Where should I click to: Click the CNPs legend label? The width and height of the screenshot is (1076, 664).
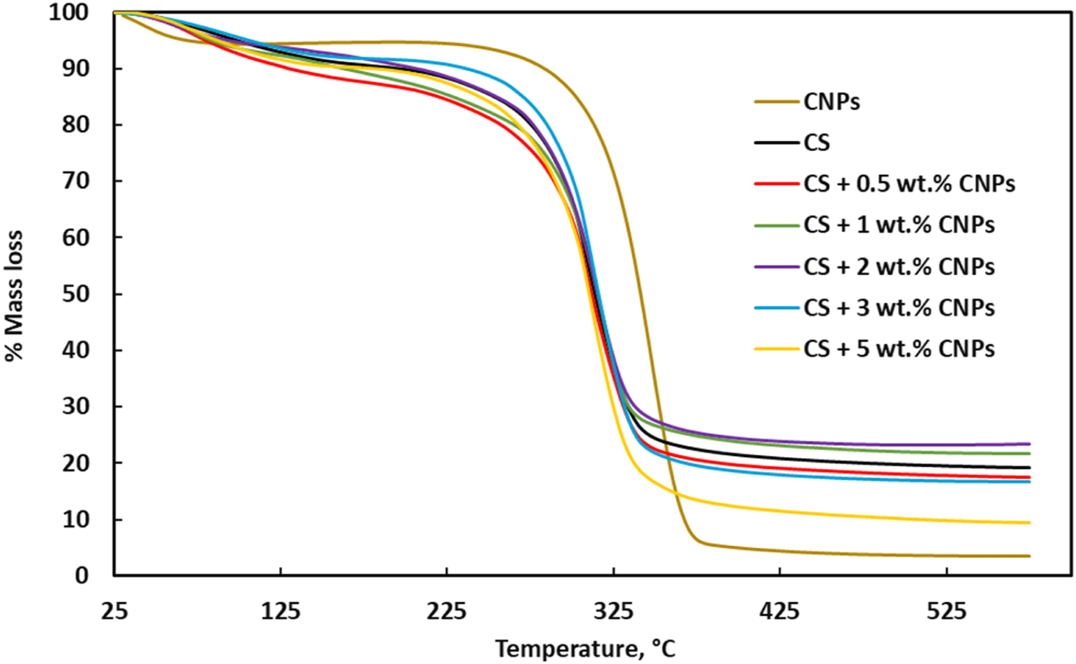(831, 102)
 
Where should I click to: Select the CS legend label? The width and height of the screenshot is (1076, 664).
(816, 143)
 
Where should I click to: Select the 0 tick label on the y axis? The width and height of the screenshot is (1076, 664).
(81, 575)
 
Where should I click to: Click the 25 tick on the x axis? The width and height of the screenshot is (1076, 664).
(114, 611)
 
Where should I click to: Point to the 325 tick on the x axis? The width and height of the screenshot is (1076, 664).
(614, 611)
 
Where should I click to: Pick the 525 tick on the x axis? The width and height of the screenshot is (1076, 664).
(947, 611)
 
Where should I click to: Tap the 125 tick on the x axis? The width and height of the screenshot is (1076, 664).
(281, 611)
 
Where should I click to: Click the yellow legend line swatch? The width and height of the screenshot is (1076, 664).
(777, 350)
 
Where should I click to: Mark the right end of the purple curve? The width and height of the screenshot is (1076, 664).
(1030, 444)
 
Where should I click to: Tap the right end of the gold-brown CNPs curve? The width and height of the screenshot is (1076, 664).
(1030, 556)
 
